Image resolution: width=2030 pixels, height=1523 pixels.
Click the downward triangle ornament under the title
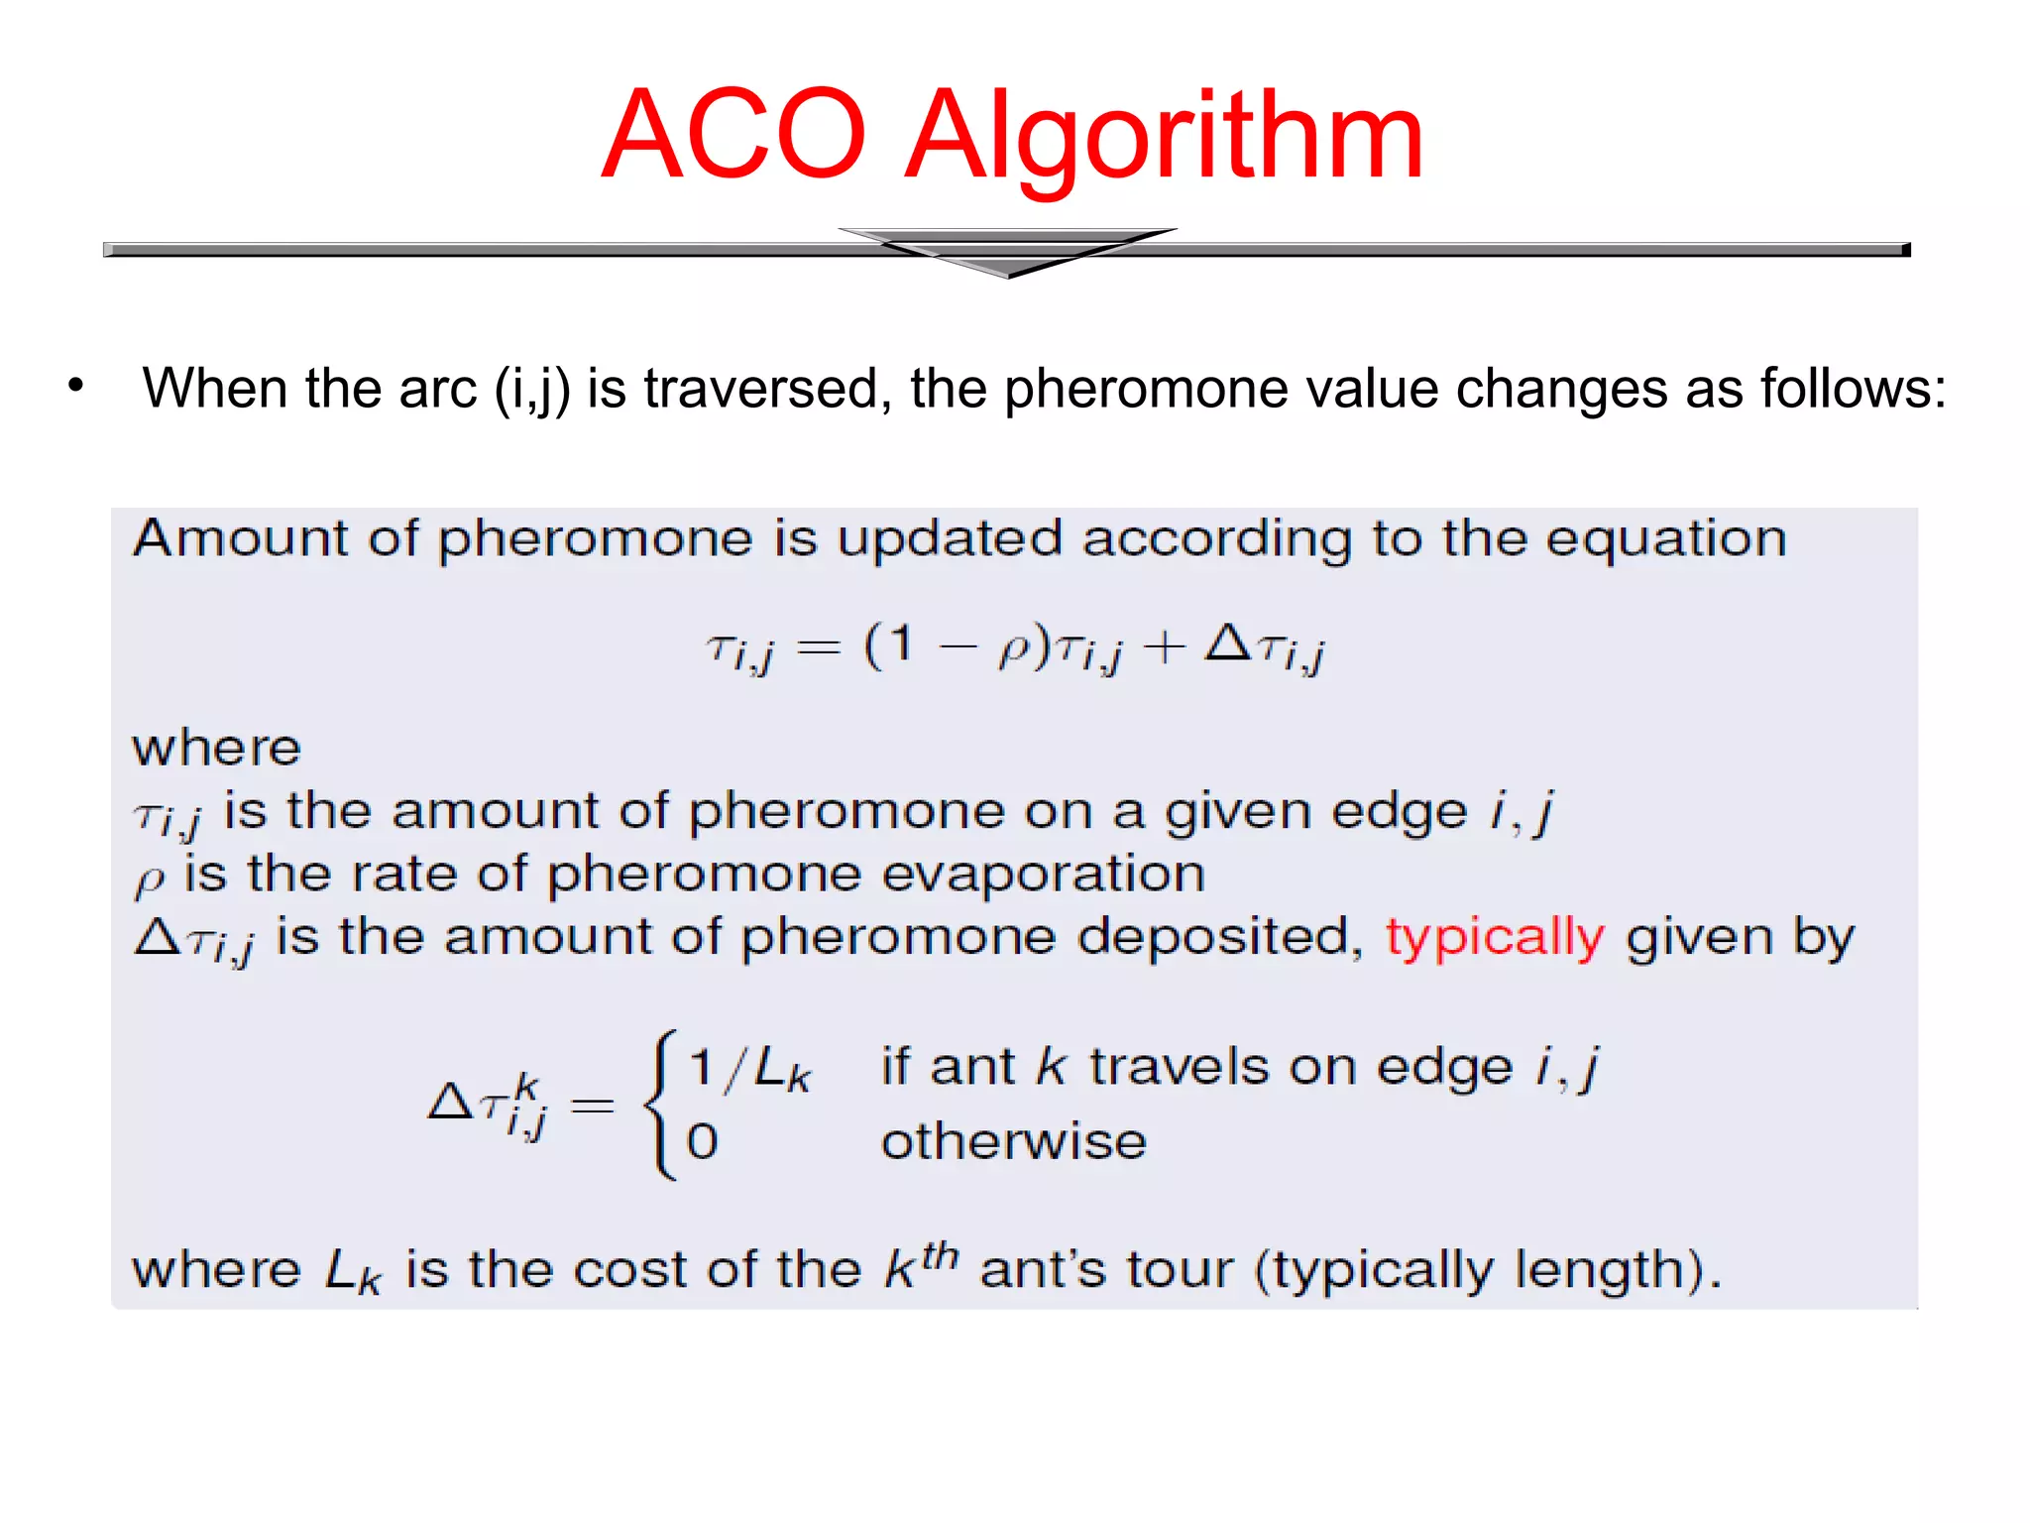[x=1007, y=252]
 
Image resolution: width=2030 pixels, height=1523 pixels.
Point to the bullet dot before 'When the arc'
[x=76, y=386]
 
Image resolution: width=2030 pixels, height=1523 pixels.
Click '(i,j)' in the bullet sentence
[x=532, y=389]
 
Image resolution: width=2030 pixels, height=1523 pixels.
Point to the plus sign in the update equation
[x=1164, y=647]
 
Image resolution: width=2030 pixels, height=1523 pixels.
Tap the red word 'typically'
[x=1494, y=938]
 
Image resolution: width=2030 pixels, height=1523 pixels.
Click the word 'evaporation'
[x=1043, y=875]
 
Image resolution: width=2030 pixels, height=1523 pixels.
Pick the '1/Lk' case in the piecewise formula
[x=749, y=1069]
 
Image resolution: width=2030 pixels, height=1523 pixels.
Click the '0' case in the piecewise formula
[x=702, y=1141]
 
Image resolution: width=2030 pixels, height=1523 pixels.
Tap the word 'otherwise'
[x=1014, y=1141]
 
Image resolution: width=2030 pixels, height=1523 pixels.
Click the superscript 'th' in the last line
[x=940, y=1254]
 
